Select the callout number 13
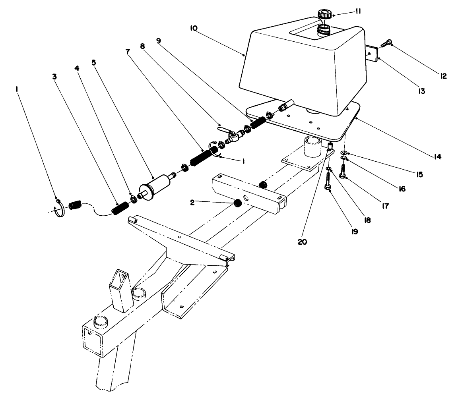pyautogui.click(x=421, y=91)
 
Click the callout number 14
pyautogui.click(x=437, y=157)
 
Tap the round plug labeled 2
pyautogui.click(x=237, y=204)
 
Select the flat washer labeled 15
pyautogui.click(x=343, y=153)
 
